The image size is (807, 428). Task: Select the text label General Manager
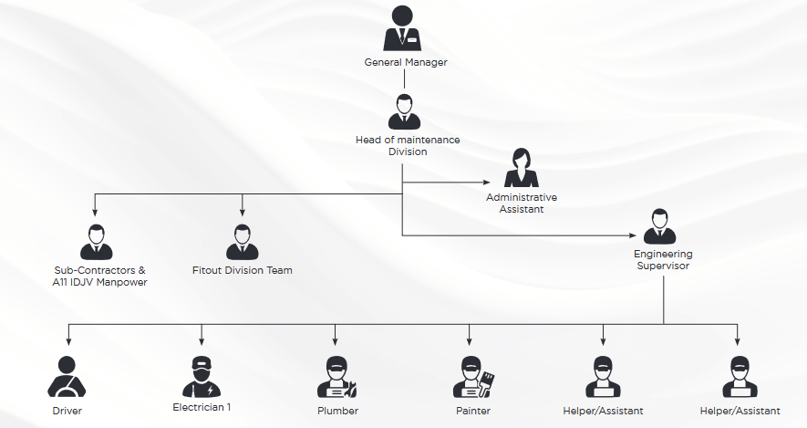tap(406, 62)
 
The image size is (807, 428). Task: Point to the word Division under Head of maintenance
tap(408, 151)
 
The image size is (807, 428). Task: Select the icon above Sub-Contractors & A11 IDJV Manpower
tap(96, 242)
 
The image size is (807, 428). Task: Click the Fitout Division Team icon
tap(242, 242)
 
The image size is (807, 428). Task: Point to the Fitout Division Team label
tap(243, 270)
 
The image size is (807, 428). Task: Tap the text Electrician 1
tap(202, 407)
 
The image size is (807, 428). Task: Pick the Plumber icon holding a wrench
tap(336, 377)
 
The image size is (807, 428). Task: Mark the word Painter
tap(471, 411)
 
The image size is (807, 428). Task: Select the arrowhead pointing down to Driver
tap(67, 340)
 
